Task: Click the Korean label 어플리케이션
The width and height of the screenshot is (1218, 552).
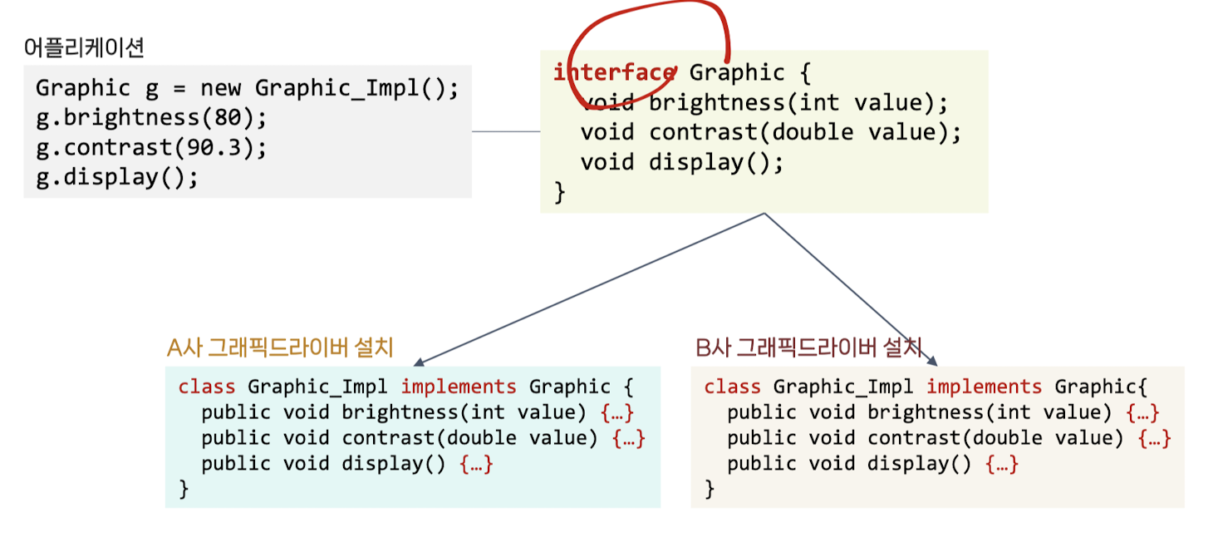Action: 84,48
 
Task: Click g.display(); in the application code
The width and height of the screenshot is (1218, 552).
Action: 117,177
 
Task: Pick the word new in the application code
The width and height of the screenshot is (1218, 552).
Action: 220,88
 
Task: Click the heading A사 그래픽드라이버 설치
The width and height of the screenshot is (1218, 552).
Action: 280,347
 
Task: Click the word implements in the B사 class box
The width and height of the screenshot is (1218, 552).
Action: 984,387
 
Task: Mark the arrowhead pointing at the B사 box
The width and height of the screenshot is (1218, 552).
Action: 933,362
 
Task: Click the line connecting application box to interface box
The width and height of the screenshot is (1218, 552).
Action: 505,131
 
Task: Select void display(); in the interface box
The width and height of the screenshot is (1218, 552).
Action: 681,161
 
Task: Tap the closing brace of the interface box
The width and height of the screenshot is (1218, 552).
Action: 559,192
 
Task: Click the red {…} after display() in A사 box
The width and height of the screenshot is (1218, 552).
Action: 476,464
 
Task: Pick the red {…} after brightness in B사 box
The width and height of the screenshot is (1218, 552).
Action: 1142,412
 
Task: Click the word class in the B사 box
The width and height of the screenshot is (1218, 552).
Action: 732,387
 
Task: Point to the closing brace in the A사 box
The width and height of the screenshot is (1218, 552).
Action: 184,490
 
